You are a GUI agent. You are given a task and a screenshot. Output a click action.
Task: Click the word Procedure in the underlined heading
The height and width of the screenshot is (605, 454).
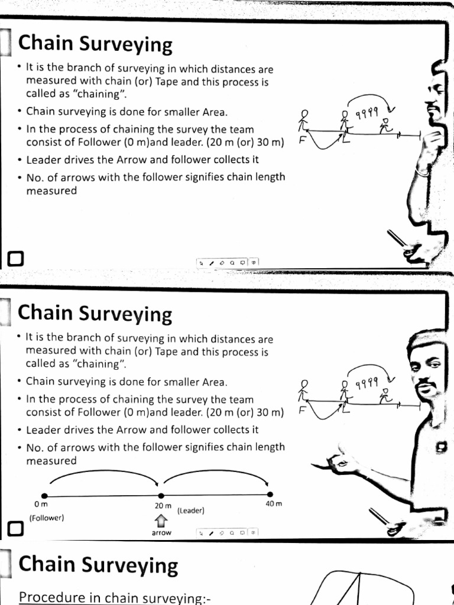click(53, 597)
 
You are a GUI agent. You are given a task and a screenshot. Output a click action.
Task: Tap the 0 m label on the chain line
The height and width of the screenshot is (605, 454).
click(41, 505)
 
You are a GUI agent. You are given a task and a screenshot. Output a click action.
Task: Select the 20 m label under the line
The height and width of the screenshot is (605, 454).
click(163, 506)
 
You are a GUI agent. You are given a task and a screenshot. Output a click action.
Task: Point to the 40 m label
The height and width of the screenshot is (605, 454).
click(274, 503)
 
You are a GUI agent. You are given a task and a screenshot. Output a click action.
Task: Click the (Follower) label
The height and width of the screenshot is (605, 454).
click(46, 517)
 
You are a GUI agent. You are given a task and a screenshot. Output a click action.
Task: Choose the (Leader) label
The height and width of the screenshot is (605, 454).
click(190, 510)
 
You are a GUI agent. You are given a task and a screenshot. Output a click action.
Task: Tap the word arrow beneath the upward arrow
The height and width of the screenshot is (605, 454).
click(161, 532)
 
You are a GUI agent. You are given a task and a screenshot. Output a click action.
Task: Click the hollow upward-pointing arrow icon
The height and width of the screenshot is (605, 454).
click(161, 520)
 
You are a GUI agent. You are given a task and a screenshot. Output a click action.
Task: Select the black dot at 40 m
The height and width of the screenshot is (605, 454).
click(270, 495)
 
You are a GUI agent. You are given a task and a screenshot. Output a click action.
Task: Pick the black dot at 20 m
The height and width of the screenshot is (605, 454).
click(161, 495)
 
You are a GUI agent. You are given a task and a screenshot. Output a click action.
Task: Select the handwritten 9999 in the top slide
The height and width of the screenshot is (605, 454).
click(367, 113)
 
